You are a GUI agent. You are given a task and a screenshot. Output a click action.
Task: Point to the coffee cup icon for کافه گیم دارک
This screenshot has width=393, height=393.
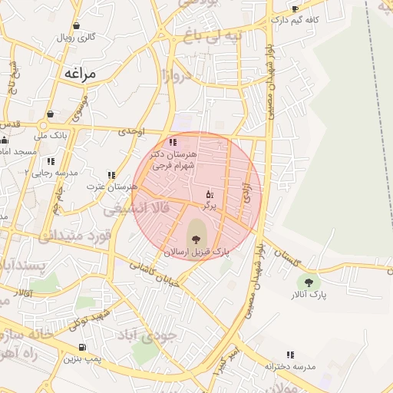[295, 9]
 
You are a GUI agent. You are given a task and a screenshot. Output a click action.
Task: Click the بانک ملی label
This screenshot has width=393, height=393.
[54, 136]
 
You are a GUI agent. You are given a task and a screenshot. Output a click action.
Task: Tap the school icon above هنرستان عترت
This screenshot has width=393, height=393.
[112, 175]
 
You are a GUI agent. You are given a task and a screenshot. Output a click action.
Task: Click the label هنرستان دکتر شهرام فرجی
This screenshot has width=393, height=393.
[175, 159]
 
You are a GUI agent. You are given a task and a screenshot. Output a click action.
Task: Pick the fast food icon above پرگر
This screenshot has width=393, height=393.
[210, 194]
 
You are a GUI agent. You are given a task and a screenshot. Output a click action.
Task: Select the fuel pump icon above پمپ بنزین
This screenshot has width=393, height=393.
[83, 347]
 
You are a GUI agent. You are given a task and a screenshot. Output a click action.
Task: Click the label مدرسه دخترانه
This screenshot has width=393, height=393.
[291, 367]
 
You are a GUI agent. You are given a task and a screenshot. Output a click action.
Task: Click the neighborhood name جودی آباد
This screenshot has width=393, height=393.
[146, 336]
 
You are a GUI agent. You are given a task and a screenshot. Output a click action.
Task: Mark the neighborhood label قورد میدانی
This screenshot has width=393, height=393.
[77, 235]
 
